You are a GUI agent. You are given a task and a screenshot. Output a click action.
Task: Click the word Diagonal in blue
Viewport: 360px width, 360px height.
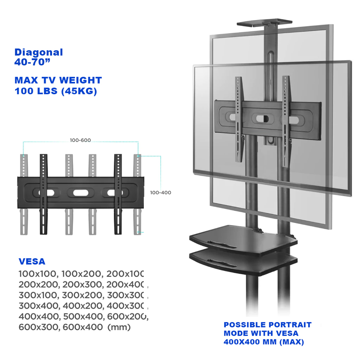pos(39,53)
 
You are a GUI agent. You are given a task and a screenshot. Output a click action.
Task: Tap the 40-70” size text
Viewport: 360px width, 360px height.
pos(32,62)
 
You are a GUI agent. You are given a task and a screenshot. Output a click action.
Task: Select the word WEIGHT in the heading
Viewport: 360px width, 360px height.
pos(81,80)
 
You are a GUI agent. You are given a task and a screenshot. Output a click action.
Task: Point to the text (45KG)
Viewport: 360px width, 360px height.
pos(79,91)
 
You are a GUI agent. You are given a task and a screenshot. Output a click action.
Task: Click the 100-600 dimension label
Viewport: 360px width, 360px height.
pos(81,140)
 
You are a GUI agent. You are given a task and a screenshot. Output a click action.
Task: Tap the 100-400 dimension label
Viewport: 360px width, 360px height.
pos(160,193)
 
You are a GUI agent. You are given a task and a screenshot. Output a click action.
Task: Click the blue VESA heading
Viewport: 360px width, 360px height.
pos(32,262)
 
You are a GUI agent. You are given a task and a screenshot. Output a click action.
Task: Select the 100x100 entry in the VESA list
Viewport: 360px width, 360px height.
pos(37,274)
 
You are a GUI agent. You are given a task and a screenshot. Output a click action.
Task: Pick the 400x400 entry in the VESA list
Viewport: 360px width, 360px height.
pos(39,316)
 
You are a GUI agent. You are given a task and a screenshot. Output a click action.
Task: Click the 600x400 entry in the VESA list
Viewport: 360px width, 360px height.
pos(83,327)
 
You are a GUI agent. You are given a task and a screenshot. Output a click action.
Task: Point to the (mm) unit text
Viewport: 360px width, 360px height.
pos(119,327)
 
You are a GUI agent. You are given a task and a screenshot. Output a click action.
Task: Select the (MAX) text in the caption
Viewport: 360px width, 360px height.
pos(291,342)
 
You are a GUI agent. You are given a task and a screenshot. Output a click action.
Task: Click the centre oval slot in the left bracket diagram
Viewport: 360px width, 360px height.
pos(81,193)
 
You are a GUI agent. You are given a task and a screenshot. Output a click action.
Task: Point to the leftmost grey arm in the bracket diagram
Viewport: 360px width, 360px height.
pos(24,194)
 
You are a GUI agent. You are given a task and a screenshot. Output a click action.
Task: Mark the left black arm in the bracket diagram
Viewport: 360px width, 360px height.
pos(44,194)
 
